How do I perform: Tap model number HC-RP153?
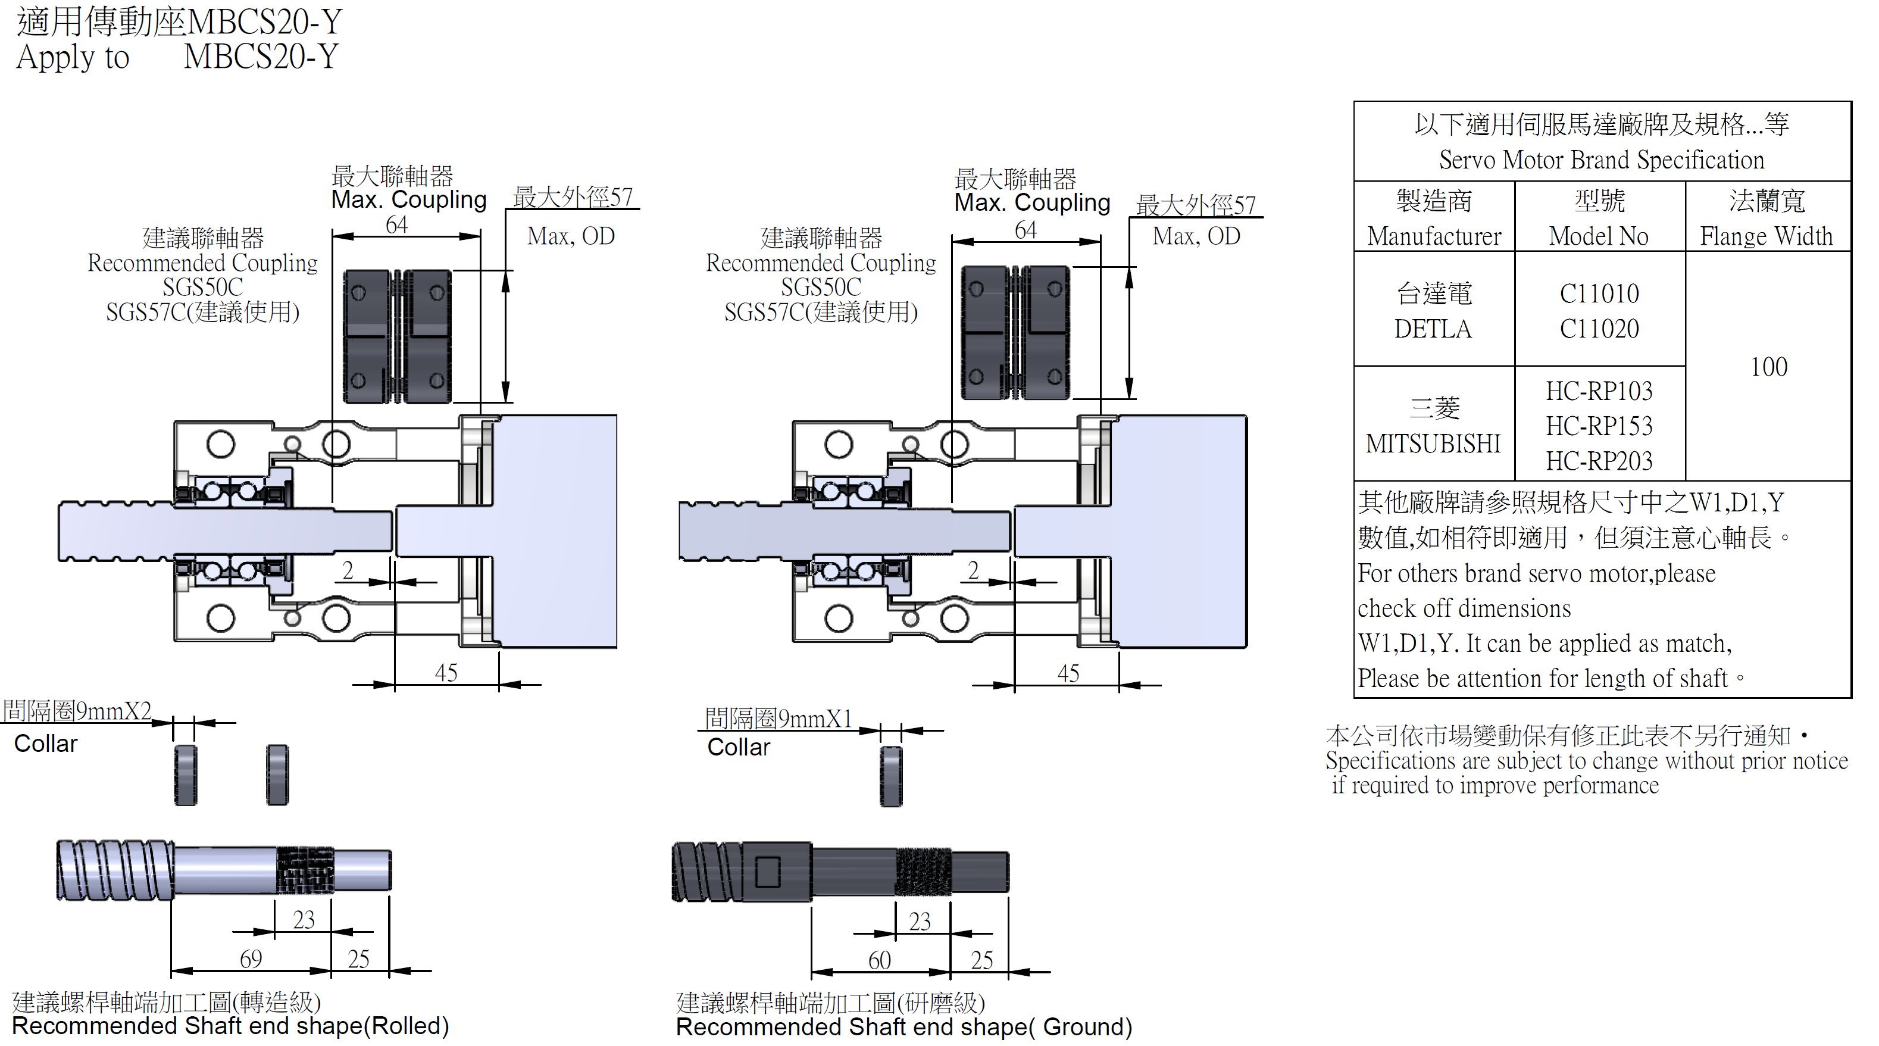point(1599,426)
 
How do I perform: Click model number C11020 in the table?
point(1599,329)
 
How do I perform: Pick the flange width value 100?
point(1769,367)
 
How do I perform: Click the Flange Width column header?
point(1766,236)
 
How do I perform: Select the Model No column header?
point(1598,236)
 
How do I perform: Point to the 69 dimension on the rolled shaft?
point(251,958)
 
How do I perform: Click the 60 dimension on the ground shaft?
point(880,960)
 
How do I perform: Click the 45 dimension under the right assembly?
point(1068,673)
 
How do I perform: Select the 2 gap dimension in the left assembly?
point(348,570)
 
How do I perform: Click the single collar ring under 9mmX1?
point(890,776)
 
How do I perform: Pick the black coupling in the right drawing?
point(1015,333)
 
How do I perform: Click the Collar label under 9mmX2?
point(45,744)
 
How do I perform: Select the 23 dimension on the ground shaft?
point(920,921)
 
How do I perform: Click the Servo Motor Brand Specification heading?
point(1601,160)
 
